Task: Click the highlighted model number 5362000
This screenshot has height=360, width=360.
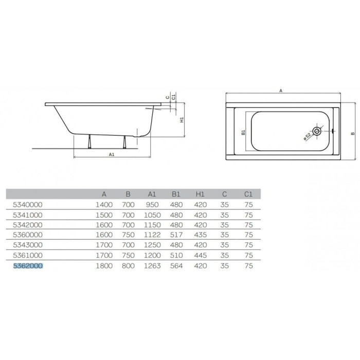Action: (x=28, y=266)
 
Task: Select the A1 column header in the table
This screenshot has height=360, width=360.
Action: (x=152, y=194)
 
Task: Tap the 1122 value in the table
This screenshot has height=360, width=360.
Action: (x=152, y=235)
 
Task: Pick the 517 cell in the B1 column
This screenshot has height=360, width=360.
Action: (x=176, y=235)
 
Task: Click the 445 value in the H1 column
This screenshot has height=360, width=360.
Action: (x=201, y=255)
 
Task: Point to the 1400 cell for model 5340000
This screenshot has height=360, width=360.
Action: (x=104, y=205)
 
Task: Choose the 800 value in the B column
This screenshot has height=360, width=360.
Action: (x=128, y=266)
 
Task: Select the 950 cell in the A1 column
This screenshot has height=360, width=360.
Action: (x=152, y=205)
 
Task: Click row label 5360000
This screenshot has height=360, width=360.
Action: (x=28, y=235)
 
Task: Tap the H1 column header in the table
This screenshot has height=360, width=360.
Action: (x=200, y=194)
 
